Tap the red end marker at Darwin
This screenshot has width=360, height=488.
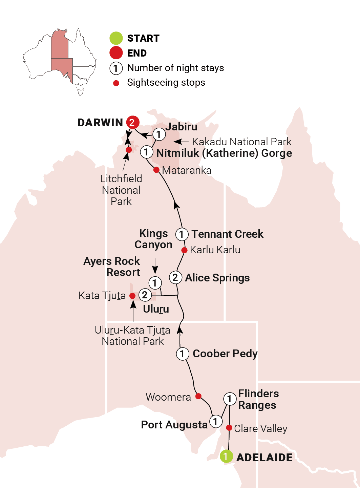point(132,122)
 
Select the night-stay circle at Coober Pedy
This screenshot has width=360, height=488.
point(182,354)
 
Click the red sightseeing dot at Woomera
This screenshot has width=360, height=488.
point(198,396)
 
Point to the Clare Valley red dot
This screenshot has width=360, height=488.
point(229,428)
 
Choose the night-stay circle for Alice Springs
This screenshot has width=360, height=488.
point(175,277)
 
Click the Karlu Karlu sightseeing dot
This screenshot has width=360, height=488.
point(184,250)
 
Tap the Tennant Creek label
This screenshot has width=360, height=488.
point(227,234)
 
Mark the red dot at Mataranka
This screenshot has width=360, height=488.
point(156,170)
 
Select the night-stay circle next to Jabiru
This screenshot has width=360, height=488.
point(159,134)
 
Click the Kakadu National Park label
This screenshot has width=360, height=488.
point(241,142)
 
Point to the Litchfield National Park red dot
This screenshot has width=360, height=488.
point(129,150)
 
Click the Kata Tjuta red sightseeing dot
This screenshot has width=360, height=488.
point(132,296)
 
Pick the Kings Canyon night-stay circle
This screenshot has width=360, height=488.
point(155,283)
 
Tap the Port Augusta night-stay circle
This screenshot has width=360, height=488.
point(215,422)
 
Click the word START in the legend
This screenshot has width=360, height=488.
point(143,38)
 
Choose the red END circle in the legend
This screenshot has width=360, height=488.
point(116,53)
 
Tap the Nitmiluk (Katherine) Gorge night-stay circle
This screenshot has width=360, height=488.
point(146,152)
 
